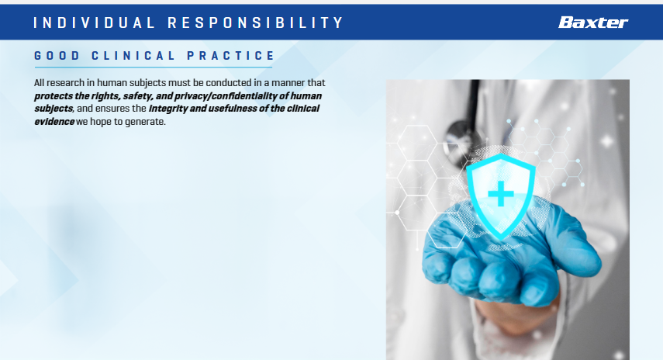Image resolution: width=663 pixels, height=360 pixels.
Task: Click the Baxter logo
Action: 592,22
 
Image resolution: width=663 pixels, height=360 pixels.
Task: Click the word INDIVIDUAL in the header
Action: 95,22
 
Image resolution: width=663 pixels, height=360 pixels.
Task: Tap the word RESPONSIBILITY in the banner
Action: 255,22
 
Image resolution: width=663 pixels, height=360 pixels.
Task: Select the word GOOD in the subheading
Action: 57,56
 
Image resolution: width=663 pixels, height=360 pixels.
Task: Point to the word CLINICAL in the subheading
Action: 133,56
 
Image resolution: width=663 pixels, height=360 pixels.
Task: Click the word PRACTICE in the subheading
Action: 231,56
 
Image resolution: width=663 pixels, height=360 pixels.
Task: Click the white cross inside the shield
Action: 501,194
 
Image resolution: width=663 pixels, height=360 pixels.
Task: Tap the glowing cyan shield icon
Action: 501,196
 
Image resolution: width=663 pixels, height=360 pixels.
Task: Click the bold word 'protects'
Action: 54,96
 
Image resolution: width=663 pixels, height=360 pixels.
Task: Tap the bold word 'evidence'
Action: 54,121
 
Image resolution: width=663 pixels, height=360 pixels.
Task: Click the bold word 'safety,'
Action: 138,96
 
